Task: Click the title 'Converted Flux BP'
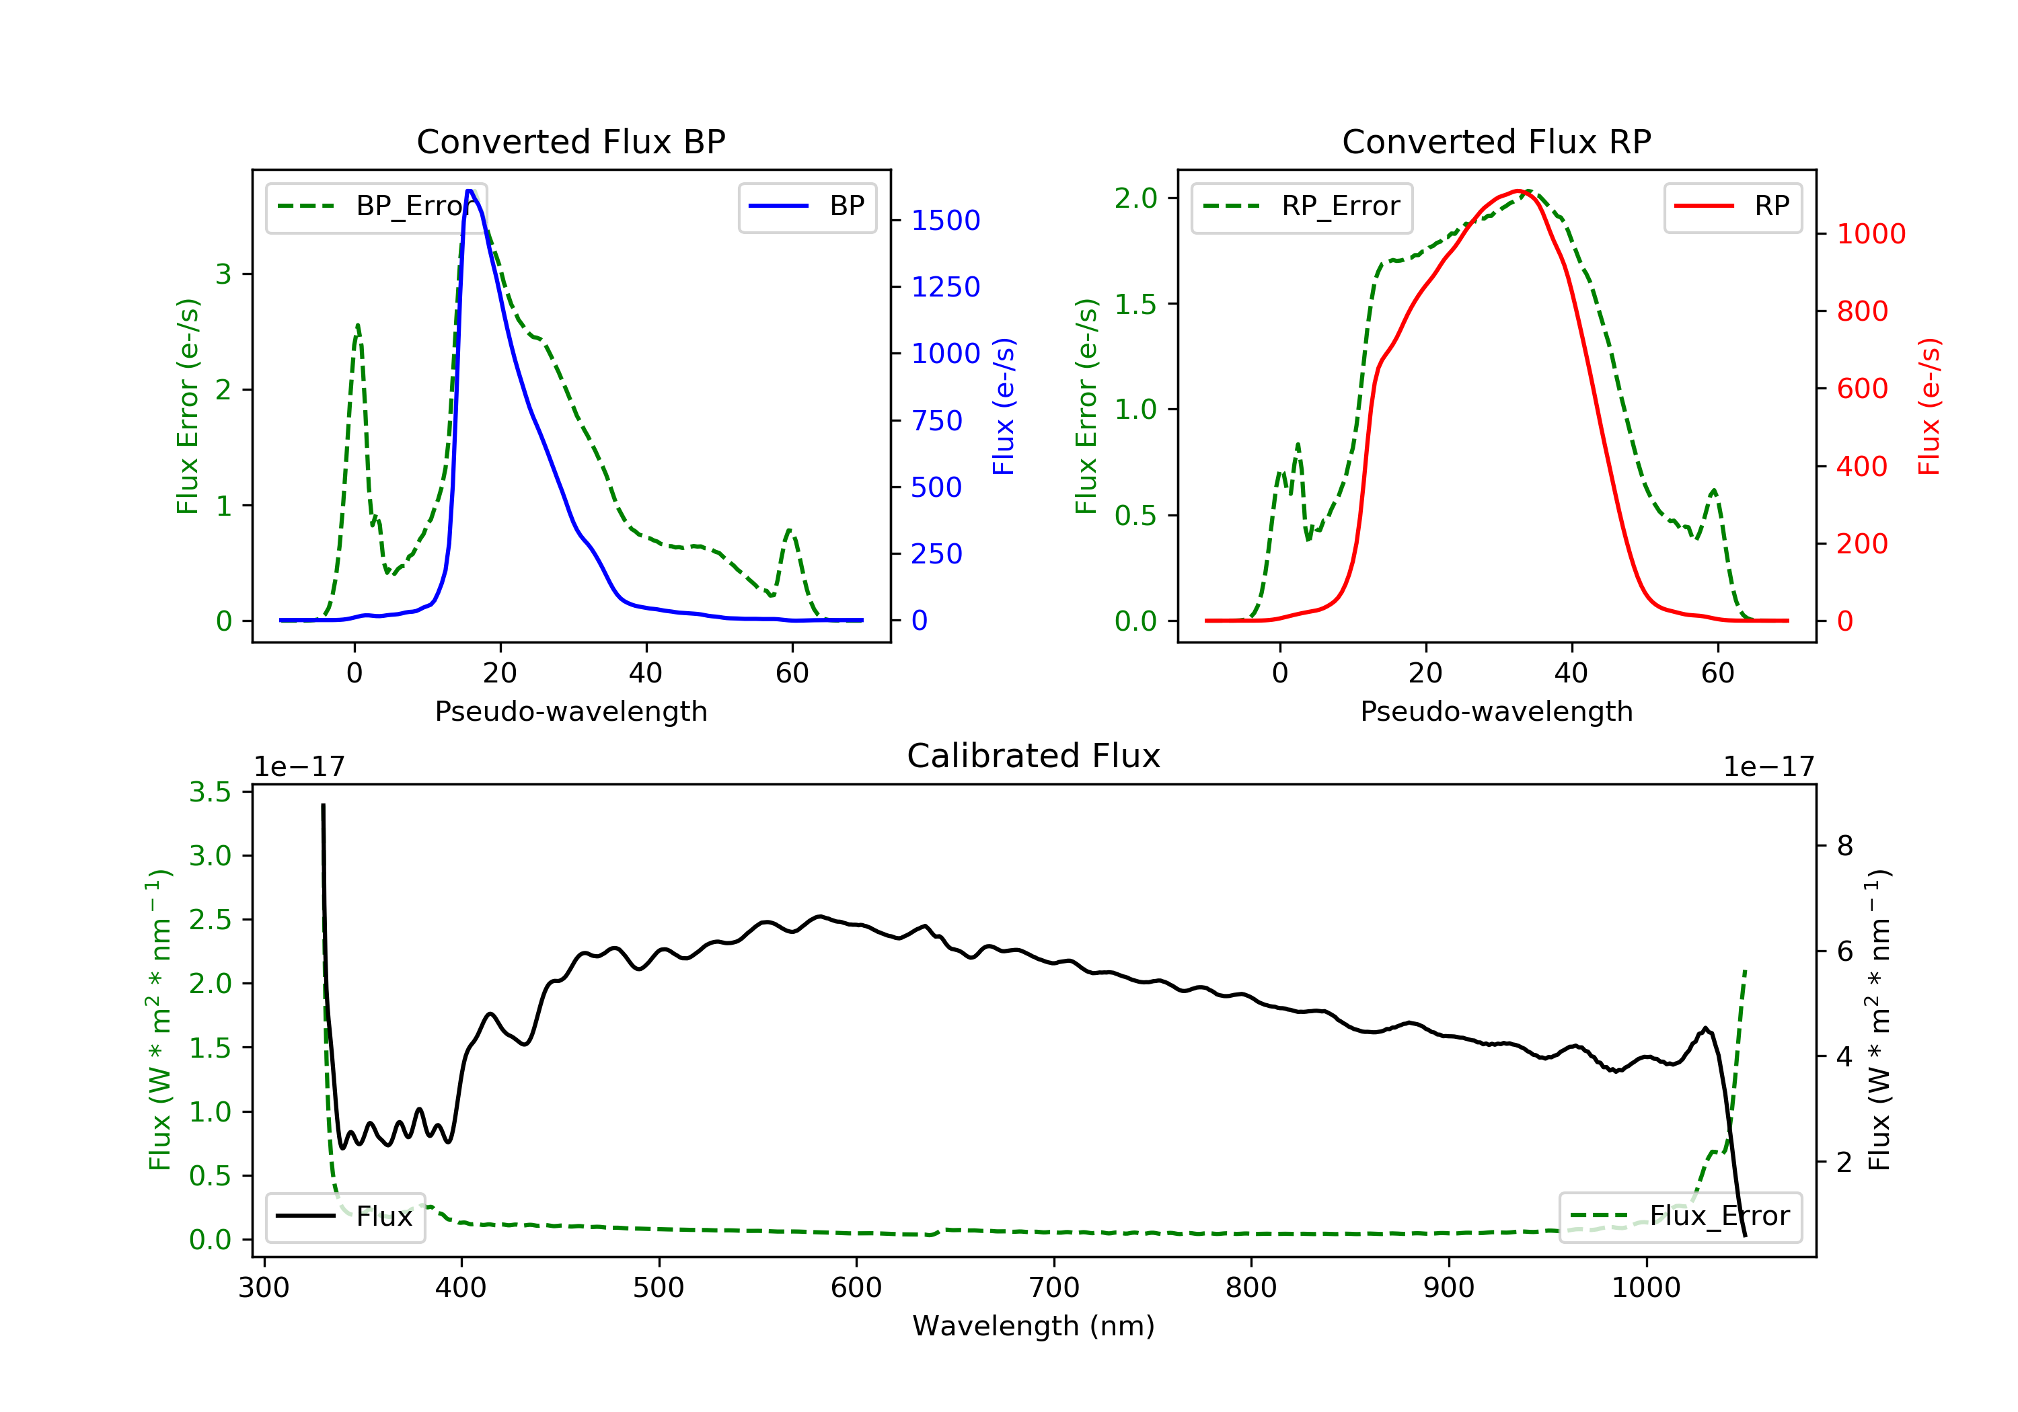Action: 570,141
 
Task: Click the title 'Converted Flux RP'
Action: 1496,141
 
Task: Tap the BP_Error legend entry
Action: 376,206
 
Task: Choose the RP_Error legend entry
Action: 1302,206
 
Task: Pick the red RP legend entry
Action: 1731,206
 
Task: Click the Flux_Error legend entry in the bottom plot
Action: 1680,1216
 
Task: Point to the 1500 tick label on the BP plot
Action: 945,221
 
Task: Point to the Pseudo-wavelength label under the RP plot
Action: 1496,711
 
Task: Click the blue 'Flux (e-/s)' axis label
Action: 1003,407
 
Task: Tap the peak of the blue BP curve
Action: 470,191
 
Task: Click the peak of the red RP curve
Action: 1518,191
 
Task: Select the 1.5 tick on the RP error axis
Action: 1135,304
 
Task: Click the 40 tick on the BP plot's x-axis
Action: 646,673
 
